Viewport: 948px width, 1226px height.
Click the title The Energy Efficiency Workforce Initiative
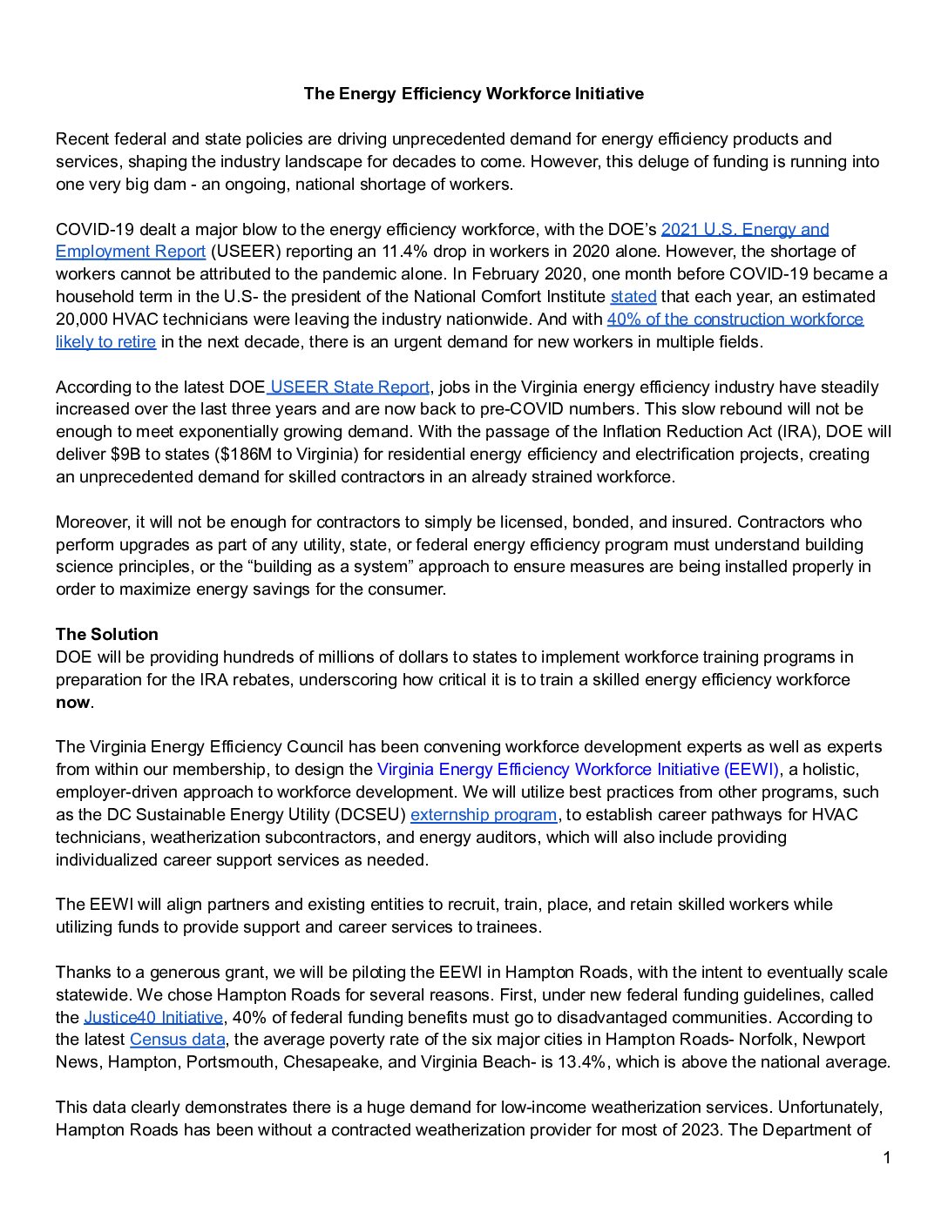coord(473,94)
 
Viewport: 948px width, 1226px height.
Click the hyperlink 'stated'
coord(633,297)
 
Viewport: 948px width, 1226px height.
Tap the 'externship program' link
coord(483,815)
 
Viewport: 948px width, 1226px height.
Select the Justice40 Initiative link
coord(153,1018)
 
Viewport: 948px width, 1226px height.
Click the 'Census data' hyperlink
coord(177,1040)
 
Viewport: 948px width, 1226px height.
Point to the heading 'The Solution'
coord(107,635)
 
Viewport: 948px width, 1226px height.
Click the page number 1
coord(887,1158)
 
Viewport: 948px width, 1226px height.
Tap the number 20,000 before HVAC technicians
coord(82,320)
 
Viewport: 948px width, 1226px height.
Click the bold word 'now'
coord(72,703)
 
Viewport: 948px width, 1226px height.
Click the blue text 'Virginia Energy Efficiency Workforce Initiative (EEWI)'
coord(579,770)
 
